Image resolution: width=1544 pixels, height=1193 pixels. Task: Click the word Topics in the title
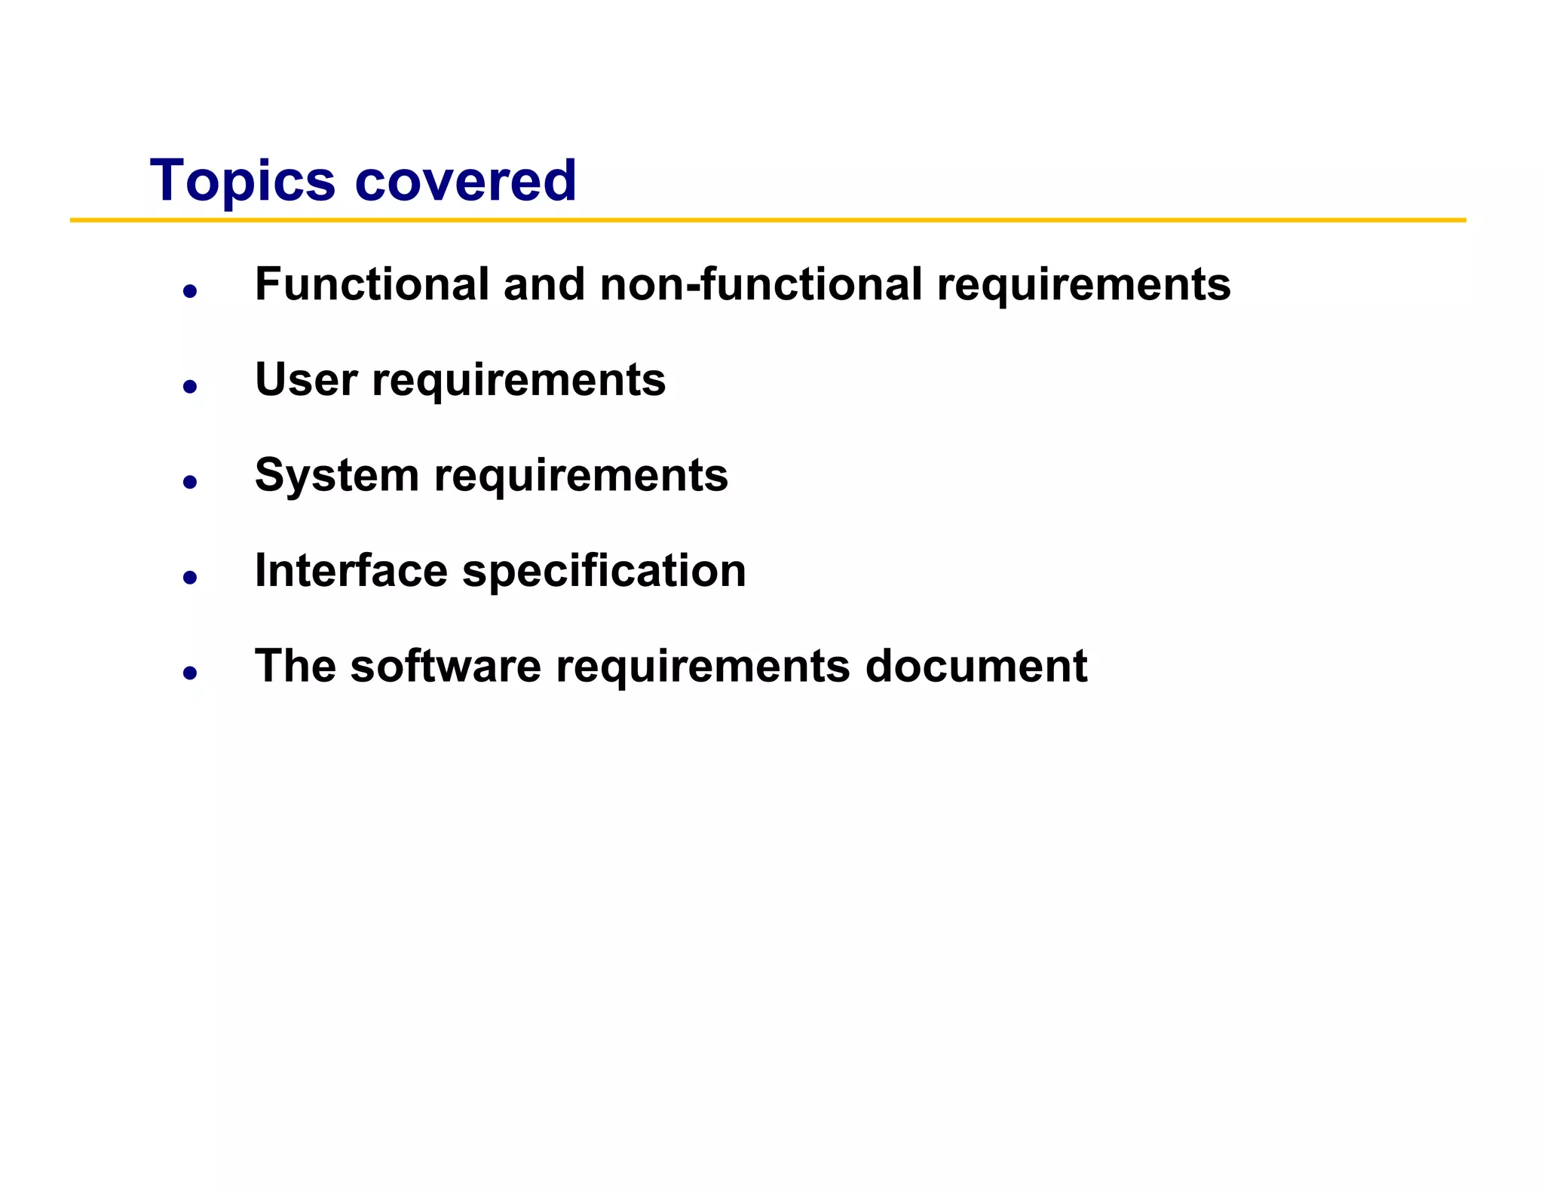[242, 181]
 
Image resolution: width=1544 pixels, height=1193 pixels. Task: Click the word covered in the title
[465, 181]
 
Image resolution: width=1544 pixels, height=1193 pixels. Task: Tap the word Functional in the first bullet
[372, 284]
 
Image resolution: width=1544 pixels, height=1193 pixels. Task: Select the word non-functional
[761, 284]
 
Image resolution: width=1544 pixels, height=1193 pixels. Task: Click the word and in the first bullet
[544, 284]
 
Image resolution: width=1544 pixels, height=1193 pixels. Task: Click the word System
[336, 476]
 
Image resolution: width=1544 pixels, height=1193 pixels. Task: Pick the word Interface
[351, 570]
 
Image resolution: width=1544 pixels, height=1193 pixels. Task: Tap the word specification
[604, 572]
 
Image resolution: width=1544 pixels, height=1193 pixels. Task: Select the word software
[446, 666]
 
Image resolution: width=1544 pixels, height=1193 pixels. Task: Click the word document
[976, 666]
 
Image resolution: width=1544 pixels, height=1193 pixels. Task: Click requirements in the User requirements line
[519, 381]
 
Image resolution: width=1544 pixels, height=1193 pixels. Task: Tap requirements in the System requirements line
[581, 477]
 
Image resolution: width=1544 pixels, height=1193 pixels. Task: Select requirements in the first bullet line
[1083, 286]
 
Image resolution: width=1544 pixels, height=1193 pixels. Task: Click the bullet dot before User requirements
[190, 387]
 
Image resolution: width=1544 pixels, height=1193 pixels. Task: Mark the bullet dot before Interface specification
[190, 578]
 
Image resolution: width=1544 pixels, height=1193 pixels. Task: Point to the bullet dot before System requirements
[190, 482]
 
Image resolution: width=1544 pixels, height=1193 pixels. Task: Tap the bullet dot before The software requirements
[190, 673]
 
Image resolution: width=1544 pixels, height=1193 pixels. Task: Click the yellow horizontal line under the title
[767, 220]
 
